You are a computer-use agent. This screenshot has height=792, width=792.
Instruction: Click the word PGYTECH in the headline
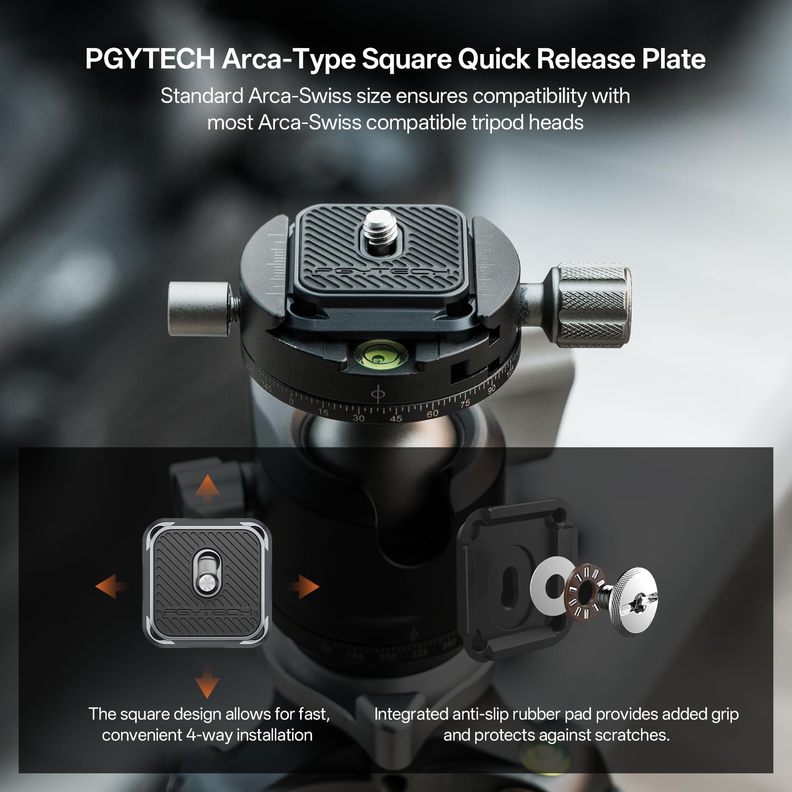[150, 59]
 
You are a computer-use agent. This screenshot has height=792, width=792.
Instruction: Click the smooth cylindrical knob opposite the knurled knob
[199, 308]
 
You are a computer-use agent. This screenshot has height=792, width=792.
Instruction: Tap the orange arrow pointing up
[207, 490]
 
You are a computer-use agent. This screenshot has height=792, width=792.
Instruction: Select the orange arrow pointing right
[304, 586]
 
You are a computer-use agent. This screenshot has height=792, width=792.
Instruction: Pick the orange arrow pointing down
[207, 683]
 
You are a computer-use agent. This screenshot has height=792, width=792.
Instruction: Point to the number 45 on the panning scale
[396, 418]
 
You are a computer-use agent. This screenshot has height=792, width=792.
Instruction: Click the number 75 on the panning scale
[465, 404]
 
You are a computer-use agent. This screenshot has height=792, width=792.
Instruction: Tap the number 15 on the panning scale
[323, 413]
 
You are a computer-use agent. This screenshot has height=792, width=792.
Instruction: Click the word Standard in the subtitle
[202, 96]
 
